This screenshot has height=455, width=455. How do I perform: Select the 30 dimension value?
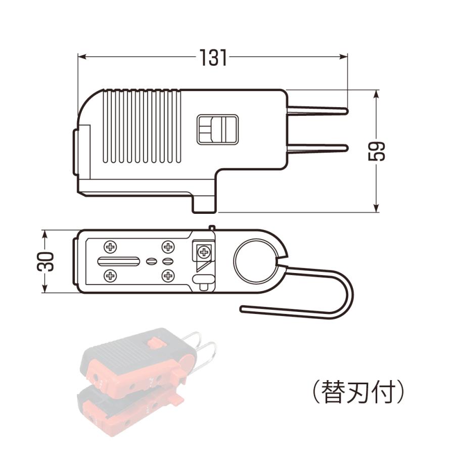point(46,261)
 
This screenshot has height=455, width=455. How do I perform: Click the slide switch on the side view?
point(217,129)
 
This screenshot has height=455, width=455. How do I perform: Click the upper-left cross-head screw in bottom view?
point(110,247)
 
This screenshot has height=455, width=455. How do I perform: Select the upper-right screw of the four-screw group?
point(167,247)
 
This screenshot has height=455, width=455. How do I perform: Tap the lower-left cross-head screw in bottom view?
point(110,276)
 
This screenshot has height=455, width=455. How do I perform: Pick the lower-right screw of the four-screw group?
point(167,276)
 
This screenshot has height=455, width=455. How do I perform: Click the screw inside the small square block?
point(203,251)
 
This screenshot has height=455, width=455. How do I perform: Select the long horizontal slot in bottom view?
point(119,261)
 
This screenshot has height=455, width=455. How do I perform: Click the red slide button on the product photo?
point(154,342)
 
